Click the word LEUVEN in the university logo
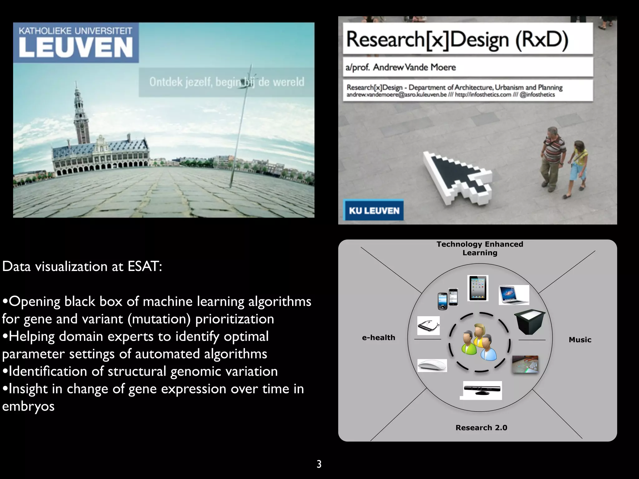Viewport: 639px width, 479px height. [76, 47]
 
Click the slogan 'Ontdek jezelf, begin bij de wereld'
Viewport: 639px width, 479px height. [227, 82]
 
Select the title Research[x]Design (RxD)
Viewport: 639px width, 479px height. [457, 40]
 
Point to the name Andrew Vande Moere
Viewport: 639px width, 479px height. [414, 67]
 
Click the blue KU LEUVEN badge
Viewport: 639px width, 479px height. [374, 210]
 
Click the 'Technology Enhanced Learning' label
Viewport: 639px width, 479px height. [480, 248]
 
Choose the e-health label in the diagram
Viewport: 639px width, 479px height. [378, 337]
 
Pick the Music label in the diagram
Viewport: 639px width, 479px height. [580, 340]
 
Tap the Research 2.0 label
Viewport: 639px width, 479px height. [481, 428]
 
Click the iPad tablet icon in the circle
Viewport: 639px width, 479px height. [478, 288]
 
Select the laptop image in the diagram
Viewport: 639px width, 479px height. [514, 294]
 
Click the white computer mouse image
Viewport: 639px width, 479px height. [432, 365]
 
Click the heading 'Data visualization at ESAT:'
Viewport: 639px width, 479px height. [82, 266]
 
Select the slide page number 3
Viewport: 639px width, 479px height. [319, 464]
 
